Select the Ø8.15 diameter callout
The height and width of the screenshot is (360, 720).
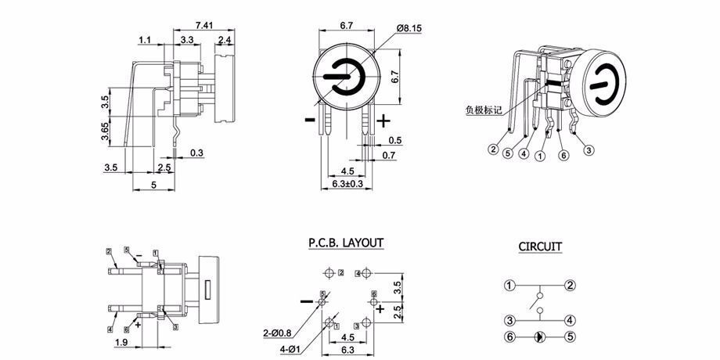409,28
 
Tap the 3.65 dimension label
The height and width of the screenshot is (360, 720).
105,131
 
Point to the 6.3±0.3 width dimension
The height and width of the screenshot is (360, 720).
348,184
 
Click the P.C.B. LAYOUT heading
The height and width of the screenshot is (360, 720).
346,243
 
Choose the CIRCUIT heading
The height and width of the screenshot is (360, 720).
540,247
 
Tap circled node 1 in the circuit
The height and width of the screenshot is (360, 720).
509,285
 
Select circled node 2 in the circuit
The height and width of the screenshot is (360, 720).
571,285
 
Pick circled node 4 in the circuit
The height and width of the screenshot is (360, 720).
571,319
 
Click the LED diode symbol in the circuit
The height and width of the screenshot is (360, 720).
540,337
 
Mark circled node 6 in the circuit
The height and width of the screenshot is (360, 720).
509,337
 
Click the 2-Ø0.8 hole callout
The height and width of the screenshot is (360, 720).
279,333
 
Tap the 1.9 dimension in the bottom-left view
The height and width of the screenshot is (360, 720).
123,342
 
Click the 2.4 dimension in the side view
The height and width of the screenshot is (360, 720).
225,40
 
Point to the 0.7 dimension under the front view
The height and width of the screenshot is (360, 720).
389,157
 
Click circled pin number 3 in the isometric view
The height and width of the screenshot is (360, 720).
589,149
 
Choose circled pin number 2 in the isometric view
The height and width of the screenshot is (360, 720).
493,149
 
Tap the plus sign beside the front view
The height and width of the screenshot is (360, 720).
383,121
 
